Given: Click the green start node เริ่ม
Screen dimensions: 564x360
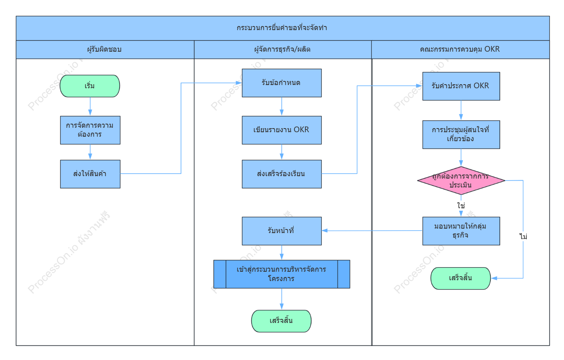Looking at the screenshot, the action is click(x=90, y=86).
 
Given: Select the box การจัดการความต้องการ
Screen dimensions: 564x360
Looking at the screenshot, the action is click(x=90, y=130).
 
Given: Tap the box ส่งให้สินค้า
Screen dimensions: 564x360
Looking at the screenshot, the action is click(x=90, y=174).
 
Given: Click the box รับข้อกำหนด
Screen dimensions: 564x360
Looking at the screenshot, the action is click(x=282, y=83).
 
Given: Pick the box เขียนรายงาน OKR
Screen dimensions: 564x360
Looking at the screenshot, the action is click(x=282, y=130).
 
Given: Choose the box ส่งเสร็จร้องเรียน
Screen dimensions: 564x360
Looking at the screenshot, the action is click(x=282, y=174).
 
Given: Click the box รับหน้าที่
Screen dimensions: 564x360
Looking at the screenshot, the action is click(x=282, y=231).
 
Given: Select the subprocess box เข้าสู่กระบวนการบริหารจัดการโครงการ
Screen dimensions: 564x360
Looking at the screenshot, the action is click(x=282, y=274).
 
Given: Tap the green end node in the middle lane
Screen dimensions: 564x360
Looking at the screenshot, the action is click(x=281, y=321).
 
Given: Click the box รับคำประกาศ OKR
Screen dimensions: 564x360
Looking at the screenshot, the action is click(x=461, y=86).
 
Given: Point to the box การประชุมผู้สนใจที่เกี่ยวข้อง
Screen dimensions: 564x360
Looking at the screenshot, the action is click(x=461, y=135).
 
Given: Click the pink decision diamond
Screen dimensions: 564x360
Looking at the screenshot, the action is click(x=461, y=180).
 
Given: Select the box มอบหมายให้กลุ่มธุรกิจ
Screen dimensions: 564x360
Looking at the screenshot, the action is click(x=461, y=231).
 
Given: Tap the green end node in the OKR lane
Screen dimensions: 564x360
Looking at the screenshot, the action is click(x=461, y=278).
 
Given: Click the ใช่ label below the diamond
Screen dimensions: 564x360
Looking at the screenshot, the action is click(x=461, y=205).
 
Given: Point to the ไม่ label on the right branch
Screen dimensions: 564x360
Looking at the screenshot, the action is click(x=523, y=236).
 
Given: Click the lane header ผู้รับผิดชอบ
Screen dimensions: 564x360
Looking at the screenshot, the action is click(x=105, y=49).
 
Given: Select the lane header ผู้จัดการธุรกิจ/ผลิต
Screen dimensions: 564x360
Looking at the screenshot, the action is click(x=282, y=49).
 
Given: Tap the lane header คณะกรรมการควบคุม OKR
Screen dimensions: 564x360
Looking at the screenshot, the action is click(x=460, y=49).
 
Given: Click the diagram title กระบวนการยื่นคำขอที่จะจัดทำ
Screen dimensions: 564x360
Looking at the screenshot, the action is click(x=282, y=28).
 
